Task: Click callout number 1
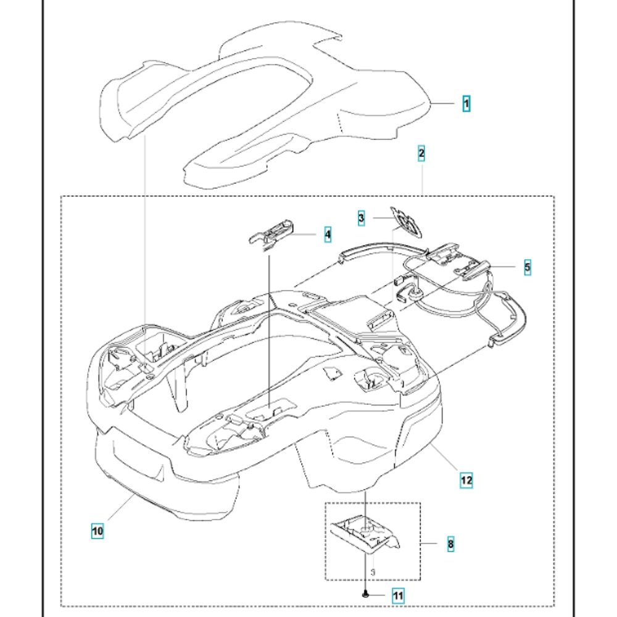tap(466, 104)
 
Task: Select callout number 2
tap(421, 153)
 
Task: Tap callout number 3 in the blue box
tap(362, 218)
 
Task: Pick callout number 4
tap(328, 235)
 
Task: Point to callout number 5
tap(528, 267)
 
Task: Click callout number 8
tap(450, 544)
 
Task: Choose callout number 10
tap(97, 530)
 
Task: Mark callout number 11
tap(398, 595)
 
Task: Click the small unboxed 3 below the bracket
tap(373, 572)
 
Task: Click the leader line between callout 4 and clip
tap(308, 235)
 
